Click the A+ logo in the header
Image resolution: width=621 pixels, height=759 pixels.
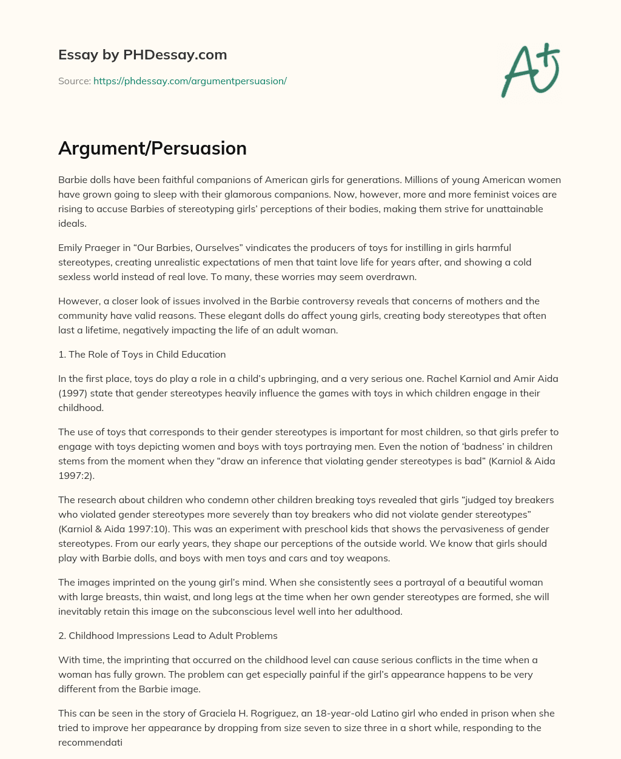[x=531, y=70]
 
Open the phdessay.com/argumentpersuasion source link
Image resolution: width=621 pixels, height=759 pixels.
[x=190, y=81]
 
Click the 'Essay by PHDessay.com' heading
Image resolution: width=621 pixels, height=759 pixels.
[x=143, y=55]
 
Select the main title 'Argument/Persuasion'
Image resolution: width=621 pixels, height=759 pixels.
[x=152, y=149]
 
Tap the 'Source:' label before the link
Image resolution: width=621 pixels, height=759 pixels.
[x=74, y=81]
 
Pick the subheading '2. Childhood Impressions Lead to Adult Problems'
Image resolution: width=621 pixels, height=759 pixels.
[x=168, y=635]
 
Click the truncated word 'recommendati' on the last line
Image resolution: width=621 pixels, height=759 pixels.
[x=90, y=742]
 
